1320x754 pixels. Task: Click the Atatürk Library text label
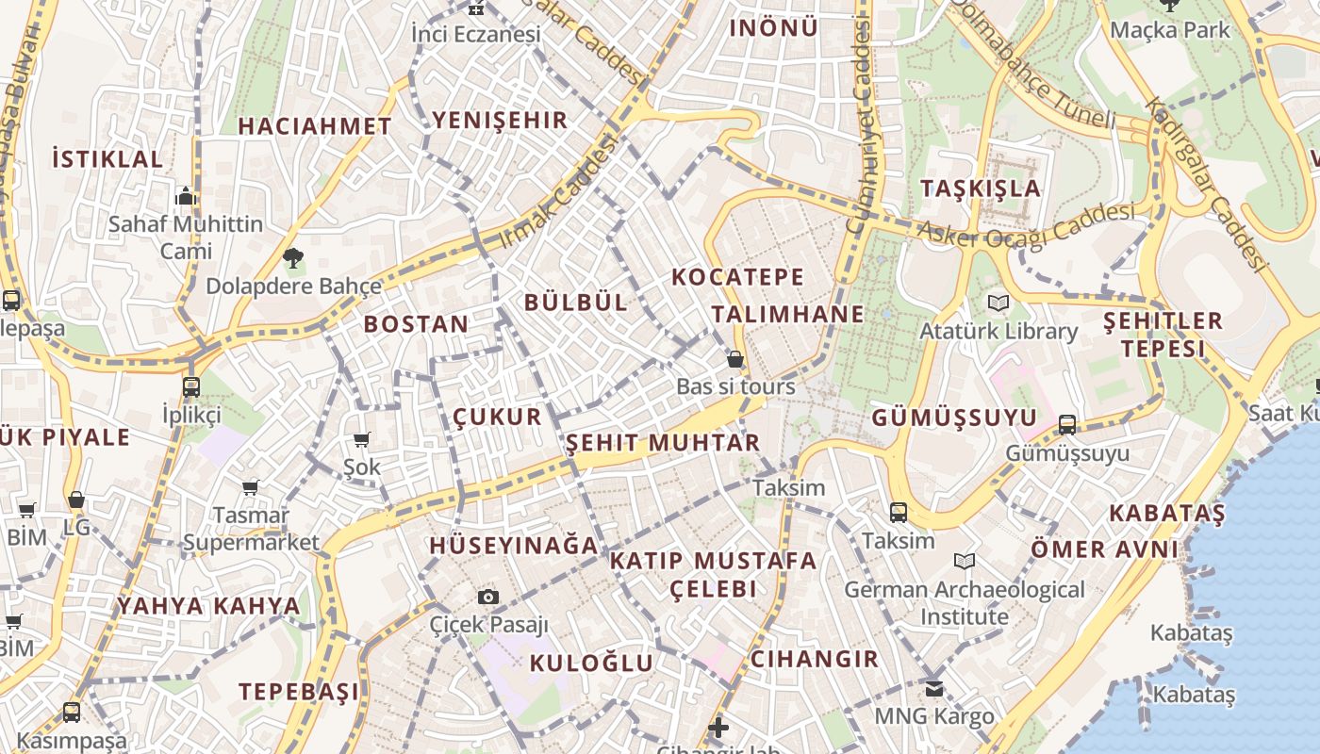coord(998,332)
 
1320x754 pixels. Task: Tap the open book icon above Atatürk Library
coord(998,303)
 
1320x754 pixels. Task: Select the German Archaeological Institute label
coord(964,603)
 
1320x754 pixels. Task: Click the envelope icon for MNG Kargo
coord(933,689)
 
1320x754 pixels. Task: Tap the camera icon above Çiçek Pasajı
coord(487,597)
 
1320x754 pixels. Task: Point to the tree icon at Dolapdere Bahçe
coord(293,257)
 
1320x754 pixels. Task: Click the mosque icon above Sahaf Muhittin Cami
coord(186,196)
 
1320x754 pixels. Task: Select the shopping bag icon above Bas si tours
coord(735,359)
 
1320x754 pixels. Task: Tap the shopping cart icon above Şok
coord(361,439)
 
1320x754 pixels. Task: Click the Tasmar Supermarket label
coord(251,529)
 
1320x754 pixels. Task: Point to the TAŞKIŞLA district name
coord(981,188)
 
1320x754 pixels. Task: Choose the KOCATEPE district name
coord(738,277)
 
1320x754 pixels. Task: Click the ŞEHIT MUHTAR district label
coord(663,443)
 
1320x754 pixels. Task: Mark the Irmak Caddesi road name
coord(557,192)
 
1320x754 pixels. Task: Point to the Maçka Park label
coord(1170,30)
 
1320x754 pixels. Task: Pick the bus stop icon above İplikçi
coord(191,386)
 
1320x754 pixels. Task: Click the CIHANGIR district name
coord(815,659)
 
